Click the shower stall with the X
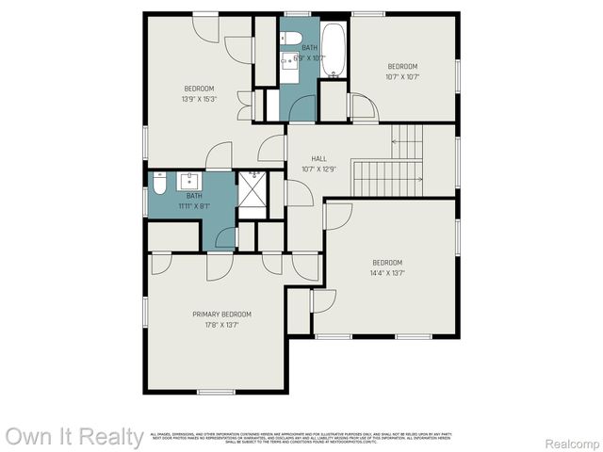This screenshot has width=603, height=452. [x=253, y=195]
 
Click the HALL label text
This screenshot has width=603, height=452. [x=305, y=159]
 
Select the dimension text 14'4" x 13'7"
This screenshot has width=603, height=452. [x=386, y=273]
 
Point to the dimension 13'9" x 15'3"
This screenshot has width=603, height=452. [x=199, y=99]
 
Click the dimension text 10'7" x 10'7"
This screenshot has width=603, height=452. [x=402, y=77]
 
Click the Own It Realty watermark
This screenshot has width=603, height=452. [x=74, y=437]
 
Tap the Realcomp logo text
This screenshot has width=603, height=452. [x=572, y=442]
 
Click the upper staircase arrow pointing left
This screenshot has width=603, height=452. [x=407, y=142]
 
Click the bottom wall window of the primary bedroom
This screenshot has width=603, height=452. [x=216, y=391]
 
